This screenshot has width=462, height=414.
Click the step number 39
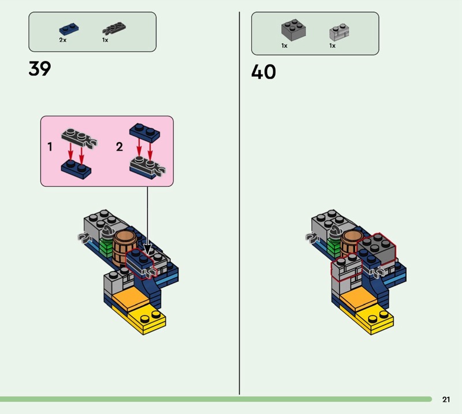(40, 69)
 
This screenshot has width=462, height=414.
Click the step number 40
(263, 72)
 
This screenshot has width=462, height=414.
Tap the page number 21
(446, 400)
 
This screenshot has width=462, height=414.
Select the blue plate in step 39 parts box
(69, 29)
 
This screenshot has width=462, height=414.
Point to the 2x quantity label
(63, 40)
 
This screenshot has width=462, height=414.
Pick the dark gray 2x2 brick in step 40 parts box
(293, 29)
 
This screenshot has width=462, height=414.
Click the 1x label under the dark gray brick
(285, 46)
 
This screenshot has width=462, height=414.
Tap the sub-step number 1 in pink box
(50, 147)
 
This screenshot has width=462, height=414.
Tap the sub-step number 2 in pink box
(120, 147)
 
